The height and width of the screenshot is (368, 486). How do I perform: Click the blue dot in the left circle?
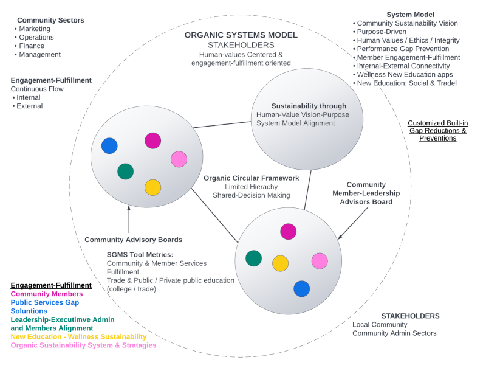coord(109,146)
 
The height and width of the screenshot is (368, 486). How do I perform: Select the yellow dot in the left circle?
coord(152,187)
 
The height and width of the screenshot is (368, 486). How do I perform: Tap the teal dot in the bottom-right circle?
coord(253,258)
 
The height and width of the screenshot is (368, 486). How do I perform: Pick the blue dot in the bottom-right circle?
coord(302,288)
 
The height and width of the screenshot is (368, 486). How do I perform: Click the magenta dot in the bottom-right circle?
coord(288,232)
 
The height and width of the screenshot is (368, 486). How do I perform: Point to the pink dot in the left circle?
coord(179,159)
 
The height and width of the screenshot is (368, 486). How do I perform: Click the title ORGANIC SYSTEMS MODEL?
coord(241,35)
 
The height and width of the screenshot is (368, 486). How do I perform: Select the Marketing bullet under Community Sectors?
coord(36,29)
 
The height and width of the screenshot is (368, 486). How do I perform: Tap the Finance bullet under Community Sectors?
coord(32,46)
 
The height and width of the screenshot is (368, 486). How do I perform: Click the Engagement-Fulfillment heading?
coord(51,80)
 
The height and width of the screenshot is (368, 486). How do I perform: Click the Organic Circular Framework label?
coord(252,178)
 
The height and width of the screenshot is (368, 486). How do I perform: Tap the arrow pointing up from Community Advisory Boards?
coord(129,220)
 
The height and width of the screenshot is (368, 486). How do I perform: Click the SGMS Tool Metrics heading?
coord(140,254)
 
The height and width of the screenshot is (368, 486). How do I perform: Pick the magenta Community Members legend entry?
coord(47,294)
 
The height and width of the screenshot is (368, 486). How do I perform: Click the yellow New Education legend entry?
coord(78,336)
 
